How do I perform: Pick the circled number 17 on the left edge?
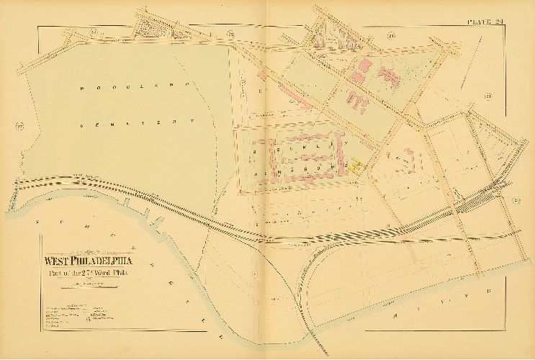tap(20, 127)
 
